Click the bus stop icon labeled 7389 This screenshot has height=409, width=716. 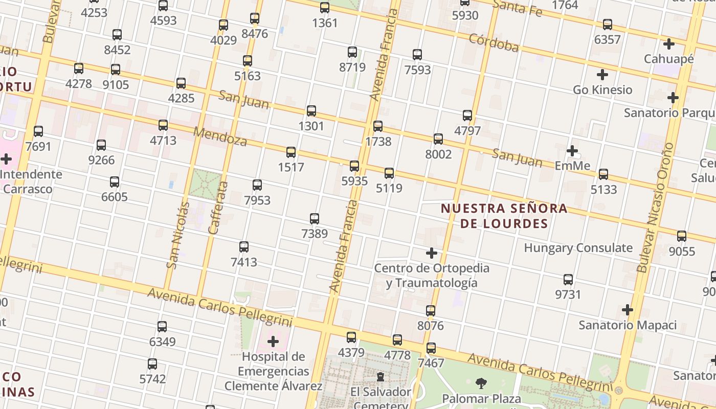click(x=315, y=219)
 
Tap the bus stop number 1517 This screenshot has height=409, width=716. click(x=291, y=167)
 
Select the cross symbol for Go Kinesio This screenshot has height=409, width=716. click(x=602, y=75)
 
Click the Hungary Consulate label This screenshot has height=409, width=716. click(x=578, y=248)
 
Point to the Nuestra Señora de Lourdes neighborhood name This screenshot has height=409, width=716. click(x=504, y=216)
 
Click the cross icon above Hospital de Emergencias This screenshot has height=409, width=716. click(x=273, y=341)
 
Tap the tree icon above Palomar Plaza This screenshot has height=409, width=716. click(x=481, y=383)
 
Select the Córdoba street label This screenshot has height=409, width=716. click(x=494, y=43)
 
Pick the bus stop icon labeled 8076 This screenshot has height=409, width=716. click(x=431, y=311)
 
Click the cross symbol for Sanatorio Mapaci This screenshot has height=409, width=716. click(x=628, y=310)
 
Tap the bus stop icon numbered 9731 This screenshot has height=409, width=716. click(x=568, y=280)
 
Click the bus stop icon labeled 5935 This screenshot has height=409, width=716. click(x=354, y=166)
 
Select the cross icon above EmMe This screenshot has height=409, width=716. click(x=572, y=151)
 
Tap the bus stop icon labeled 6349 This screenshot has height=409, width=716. click(x=162, y=326)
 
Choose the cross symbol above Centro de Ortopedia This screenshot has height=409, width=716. click(x=432, y=253)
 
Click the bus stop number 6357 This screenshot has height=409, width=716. click(x=607, y=39)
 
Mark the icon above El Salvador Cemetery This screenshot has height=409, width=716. click(x=381, y=377)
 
